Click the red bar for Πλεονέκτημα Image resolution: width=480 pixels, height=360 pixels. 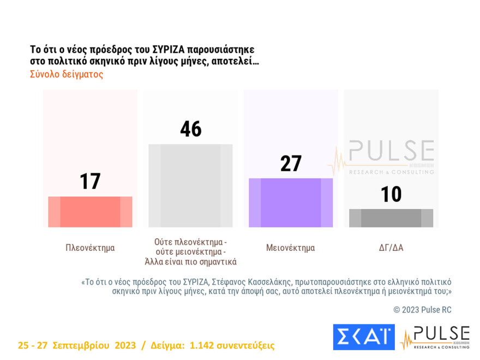tap(90, 212)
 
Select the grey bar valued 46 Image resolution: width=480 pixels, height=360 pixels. tap(190, 185)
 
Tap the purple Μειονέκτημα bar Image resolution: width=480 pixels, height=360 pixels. tap(291, 202)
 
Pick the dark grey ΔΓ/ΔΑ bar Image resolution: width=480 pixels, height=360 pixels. tap(391, 218)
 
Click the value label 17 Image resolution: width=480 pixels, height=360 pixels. tap(90, 181)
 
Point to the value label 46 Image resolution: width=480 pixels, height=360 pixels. tap(190, 129)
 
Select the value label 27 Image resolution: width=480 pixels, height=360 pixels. tap(291, 163)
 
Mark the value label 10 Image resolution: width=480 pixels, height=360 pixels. tap(391, 194)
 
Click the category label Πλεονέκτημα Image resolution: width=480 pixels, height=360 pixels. tap(90, 248)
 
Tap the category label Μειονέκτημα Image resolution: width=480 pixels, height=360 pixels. tap(291, 248)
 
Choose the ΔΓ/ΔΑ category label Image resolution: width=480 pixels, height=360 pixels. tap(391, 248)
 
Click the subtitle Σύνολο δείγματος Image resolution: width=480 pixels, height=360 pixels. tap(67, 74)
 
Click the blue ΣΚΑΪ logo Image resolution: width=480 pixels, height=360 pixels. tap(363, 337)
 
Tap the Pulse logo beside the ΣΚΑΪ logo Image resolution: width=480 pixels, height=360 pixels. tap(435, 337)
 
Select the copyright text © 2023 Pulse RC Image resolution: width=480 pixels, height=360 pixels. tap(422, 310)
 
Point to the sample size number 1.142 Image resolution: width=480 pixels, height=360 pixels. tap(205, 345)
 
